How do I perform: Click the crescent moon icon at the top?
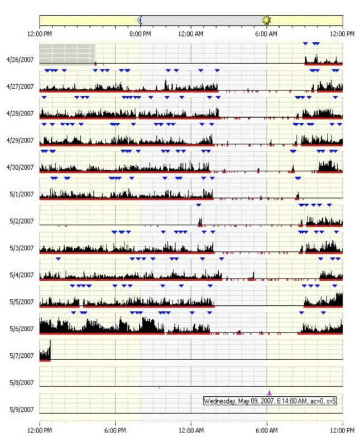pyautogui.click(x=140, y=20)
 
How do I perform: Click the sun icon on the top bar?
pyautogui.click(x=266, y=20)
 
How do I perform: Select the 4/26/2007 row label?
pyautogui.click(x=20, y=60)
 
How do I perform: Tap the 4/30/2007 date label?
pyautogui.click(x=20, y=167)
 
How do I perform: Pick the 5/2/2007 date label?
pyautogui.click(x=22, y=222)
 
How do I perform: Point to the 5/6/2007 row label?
pyautogui.click(x=22, y=329)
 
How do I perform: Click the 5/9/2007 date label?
pyautogui.click(x=22, y=410)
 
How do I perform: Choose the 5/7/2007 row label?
pyautogui.click(x=22, y=355)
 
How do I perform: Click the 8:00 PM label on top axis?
pyautogui.click(x=140, y=34)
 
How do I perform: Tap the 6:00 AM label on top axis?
pyautogui.click(x=266, y=34)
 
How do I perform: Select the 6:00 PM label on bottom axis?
pyautogui.click(x=115, y=431)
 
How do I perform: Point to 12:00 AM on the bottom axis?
pyautogui.click(x=191, y=431)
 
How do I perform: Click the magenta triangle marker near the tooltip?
pyautogui.click(x=270, y=393)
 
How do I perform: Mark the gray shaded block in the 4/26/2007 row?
pyautogui.click(x=67, y=54)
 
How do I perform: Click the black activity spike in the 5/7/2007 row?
pyautogui.click(x=45, y=350)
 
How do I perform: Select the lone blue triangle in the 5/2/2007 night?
pyautogui.click(x=199, y=205)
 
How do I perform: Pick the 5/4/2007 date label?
pyautogui.click(x=22, y=275)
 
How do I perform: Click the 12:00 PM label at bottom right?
pyautogui.click(x=342, y=431)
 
